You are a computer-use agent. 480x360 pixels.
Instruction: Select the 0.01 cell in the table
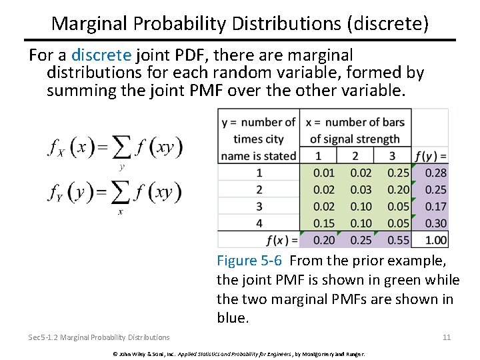324,173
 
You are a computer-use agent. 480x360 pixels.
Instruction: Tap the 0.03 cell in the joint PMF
361,190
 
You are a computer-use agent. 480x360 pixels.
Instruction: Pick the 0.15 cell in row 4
324,223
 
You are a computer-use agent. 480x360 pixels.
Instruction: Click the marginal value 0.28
435,173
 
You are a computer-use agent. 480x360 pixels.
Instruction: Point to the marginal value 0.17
435,207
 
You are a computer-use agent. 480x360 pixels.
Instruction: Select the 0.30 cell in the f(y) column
435,223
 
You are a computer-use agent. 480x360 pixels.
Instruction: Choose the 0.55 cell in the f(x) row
399,240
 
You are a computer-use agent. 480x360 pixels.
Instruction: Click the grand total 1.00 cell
435,240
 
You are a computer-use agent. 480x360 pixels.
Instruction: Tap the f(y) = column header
431,157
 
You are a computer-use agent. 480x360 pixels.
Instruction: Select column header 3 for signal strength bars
392,156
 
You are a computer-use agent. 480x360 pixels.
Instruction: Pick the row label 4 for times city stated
259,223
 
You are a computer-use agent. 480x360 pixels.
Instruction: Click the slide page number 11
446,337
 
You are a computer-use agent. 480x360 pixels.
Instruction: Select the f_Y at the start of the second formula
56,193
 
